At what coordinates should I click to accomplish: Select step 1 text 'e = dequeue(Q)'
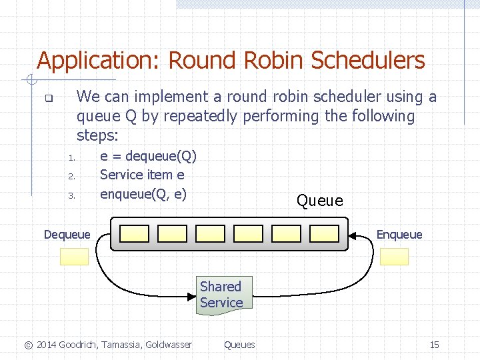click(148, 157)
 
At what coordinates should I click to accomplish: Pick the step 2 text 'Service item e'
click(142, 175)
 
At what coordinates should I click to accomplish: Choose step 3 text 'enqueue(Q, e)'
click(143, 195)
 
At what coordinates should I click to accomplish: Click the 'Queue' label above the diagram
click(319, 201)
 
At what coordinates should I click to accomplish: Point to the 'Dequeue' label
click(67, 234)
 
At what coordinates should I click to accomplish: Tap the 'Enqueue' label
click(399, 234)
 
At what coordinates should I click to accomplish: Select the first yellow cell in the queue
click(134, 233)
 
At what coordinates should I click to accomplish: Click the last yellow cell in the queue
click(325, 233)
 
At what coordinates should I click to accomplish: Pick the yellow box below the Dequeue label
click(74, 257)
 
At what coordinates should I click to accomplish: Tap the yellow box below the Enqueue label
click(394, 257)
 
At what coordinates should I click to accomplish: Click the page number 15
click(434, 345)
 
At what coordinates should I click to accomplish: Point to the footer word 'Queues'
click(239, 345)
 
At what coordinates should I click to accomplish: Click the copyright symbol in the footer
click(28, 345)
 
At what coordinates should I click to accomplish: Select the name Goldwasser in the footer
click(167, 345)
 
